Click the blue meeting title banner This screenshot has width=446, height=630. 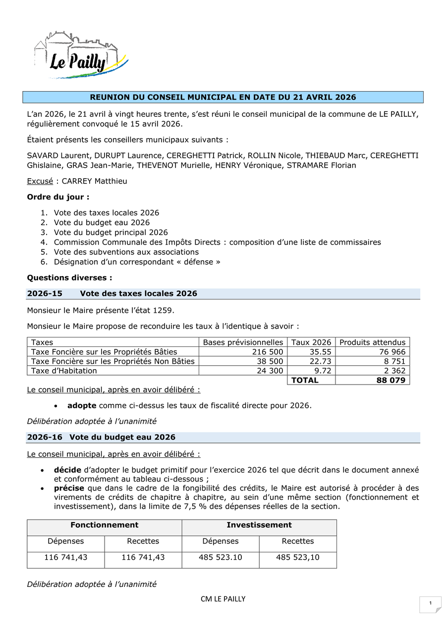[x=223, y=97]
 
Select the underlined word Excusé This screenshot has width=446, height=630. [x=40, y=181]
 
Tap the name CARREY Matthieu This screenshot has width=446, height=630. [x=94, y=181]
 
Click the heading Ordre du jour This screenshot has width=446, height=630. [x=58, y=197]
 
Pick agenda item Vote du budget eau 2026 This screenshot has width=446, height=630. [x=102, y=223]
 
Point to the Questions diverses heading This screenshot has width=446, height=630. [x=69, y=278]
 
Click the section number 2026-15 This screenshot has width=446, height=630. [x=45, y=293]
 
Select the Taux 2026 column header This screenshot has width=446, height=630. [x=311, y=342]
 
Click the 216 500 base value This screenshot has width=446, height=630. [x=268, y=351]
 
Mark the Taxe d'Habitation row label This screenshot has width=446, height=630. [x=64, y=371]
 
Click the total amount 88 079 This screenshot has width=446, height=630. [x=390, y=380]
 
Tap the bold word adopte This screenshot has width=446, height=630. [x=82, y=406]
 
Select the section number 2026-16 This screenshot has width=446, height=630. [x=45, y=437]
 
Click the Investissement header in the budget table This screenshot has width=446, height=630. [x=259, y=525]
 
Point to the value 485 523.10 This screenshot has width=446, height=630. [x=221, y=557]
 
